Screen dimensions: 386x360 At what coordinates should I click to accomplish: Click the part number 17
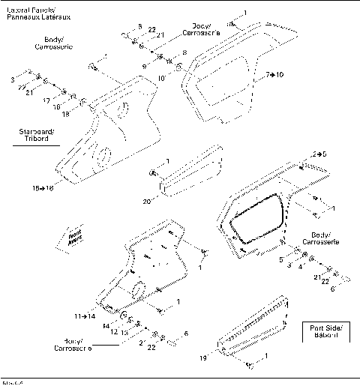pyautogui.click(x=46, y=99)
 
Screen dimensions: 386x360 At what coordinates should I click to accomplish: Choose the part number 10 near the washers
pyautogui.click(x=163, y=77)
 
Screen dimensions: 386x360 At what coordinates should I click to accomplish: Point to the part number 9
pyautogui.click(x=145, y=67)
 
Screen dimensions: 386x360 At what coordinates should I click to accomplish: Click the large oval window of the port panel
pyautogui.click(x=257, y=219)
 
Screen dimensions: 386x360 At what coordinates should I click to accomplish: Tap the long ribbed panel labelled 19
pyautogui.click(x=255, y=326)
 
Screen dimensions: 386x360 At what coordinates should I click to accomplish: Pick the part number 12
pyautogui.click(x=115, y=331)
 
